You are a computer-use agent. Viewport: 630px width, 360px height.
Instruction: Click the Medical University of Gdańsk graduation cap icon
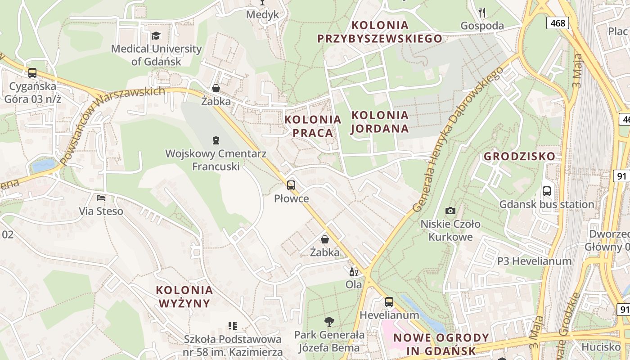click(156, 36)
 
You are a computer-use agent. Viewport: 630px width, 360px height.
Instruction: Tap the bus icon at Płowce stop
click(291, 185)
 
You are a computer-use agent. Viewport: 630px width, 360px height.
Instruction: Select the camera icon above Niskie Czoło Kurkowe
click(450, 211)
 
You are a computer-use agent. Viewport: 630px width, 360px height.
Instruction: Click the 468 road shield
click(558, 23)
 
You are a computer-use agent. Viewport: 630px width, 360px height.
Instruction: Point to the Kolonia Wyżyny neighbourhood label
click(184, 296)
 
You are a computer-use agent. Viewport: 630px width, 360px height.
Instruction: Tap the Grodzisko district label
click(519, 157)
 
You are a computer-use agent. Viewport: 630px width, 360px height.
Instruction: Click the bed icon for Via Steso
click(101, 198)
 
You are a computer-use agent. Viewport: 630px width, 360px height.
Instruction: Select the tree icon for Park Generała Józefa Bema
click(329, 321)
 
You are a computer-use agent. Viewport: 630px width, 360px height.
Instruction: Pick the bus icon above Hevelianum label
click(389, 302)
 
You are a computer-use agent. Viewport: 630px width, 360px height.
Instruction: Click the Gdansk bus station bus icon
click(547, 191)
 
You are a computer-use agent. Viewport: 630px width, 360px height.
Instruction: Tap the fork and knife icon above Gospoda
click(482, 12)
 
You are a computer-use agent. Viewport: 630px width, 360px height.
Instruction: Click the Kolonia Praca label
click(313, 126)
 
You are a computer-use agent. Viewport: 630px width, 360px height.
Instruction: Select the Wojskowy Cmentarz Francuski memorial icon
click(216, 140)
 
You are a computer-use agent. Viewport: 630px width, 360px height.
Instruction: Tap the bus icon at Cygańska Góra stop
click(32, 72)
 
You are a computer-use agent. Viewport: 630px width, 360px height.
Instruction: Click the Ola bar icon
click(354, 272)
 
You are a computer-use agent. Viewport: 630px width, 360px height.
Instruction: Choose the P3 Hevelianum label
click(534, 261)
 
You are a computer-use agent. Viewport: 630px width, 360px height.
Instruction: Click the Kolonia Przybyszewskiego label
click(380, 31)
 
